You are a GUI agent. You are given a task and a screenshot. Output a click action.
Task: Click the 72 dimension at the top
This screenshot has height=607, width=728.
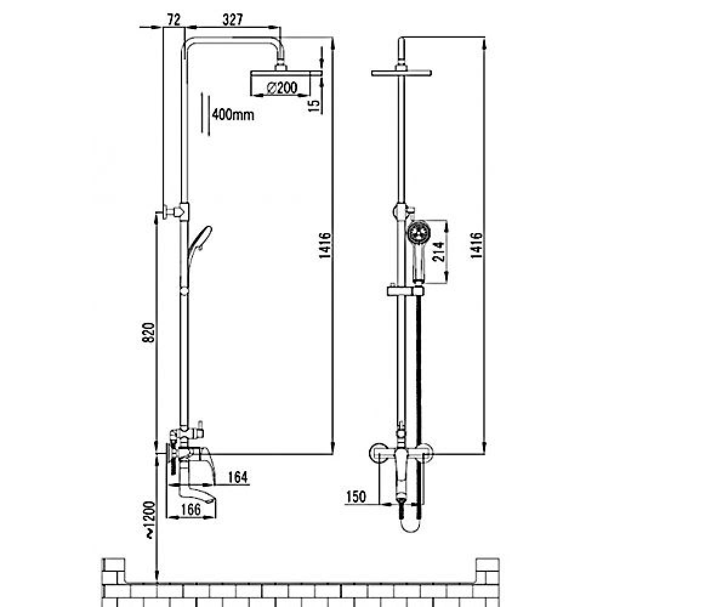click(174, 19)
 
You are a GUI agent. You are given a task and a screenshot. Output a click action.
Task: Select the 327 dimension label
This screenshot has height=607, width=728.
click(232, 19)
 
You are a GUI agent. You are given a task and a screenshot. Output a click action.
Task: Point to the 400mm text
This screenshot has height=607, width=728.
click(233, 115)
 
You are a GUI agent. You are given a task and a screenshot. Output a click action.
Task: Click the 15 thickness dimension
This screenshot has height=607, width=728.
click(314, 106)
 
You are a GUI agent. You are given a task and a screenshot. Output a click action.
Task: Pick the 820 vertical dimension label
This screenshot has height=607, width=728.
click(149, 333)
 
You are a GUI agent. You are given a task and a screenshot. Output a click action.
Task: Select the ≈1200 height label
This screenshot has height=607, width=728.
click(150, 520)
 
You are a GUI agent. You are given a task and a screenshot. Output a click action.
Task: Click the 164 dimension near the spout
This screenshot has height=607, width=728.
click(238, 477)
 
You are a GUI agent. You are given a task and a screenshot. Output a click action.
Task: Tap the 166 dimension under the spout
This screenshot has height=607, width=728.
click(191, 510)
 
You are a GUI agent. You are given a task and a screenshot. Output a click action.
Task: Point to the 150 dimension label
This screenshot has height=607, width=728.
click(356, 497)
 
